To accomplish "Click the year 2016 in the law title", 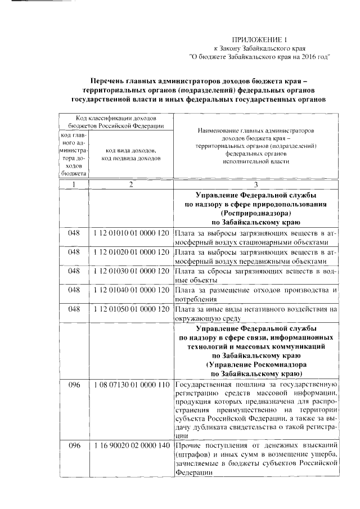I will coord(306,56).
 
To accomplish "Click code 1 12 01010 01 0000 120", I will coord(131,233).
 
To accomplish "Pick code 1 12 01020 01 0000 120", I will coord(131,252).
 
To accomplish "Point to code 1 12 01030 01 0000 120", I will coord(131,271).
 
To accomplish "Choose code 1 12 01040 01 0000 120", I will coord(131,290).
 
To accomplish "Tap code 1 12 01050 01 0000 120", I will coord(131,309).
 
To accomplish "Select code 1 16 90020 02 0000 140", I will coord(131,445).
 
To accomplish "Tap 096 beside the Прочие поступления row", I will coord(75,445).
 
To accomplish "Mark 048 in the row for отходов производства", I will coord(75,290).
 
